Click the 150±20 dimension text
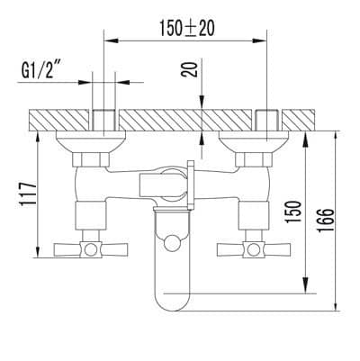click(x=186, y=28)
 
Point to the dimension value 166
click(x=326, y=220)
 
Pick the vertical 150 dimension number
click(x=292, y=212)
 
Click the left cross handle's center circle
click(x=90, y=249)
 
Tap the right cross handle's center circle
click(x=254, y=249)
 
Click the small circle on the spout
click(x=172, y=242)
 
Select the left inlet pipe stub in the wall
click(x=103, y=121)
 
